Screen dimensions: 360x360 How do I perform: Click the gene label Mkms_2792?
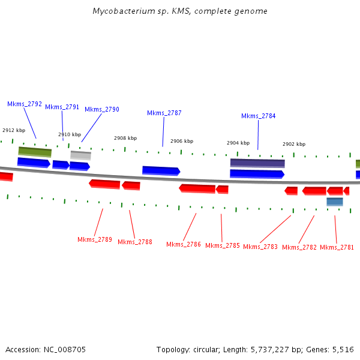[25, 104]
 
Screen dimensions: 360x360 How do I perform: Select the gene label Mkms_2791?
[62, 107]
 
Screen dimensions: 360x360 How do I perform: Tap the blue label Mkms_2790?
[101, 109]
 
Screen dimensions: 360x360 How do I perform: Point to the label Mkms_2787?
[164, 113]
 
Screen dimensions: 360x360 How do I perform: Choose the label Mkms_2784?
[258, 116]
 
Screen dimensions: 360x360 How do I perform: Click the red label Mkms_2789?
[95, 239]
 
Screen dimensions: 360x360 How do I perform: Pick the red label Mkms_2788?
[134, 242]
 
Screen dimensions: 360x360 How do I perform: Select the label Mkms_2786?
[184, 244]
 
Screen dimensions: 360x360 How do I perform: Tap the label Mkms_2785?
[222, 245]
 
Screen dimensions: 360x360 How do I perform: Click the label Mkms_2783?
[260, 247]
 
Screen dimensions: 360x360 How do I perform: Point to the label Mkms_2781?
[337, 247]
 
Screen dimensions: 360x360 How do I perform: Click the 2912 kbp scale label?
[14, 130]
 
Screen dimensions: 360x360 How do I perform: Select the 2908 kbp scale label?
[125, 138]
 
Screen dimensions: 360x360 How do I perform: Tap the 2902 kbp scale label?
[294, 144]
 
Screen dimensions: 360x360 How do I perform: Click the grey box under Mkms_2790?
[80, 155]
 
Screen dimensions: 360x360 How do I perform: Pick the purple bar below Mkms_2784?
[257, 163]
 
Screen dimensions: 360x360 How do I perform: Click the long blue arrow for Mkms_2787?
[161, 170]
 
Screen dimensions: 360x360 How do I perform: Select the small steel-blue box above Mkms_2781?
[334, 202]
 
